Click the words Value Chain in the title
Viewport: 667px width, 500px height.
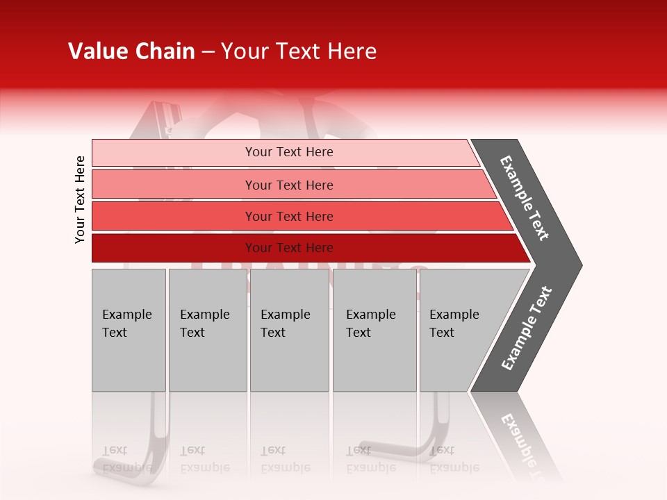131,51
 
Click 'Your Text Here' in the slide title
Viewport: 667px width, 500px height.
299,51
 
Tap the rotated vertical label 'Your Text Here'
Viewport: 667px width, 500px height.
80,199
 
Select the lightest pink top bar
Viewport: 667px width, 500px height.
174,153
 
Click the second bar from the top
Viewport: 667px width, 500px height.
174,185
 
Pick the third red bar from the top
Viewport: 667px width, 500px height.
174,216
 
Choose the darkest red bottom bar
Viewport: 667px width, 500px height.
174,248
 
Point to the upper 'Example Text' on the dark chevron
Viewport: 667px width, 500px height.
525,198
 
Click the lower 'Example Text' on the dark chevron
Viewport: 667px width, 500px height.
527,328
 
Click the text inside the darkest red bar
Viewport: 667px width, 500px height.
289,248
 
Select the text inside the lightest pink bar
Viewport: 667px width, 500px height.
289,152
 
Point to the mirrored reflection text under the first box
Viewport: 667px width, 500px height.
126,459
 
